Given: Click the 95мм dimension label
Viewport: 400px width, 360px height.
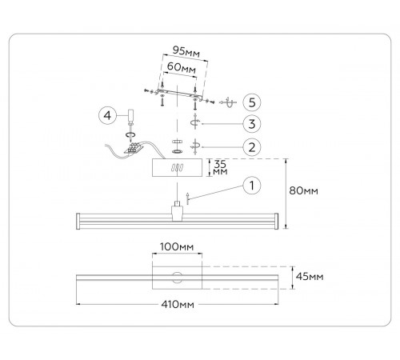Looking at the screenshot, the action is (186, 51).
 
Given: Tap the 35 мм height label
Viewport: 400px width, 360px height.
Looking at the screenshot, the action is (220, 167).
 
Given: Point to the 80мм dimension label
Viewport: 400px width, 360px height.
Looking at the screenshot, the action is (303, 191).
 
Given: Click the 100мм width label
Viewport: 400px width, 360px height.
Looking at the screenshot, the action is (177, 246).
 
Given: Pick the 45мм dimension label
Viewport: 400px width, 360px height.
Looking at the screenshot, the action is (310, 277).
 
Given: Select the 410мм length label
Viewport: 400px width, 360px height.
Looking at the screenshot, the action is (178, 304).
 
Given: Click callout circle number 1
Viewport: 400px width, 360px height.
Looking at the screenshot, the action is (252, 186).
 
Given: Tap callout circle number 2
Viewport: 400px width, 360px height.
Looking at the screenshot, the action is (252, 147).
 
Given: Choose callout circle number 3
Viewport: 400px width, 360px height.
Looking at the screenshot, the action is (252, 124).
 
